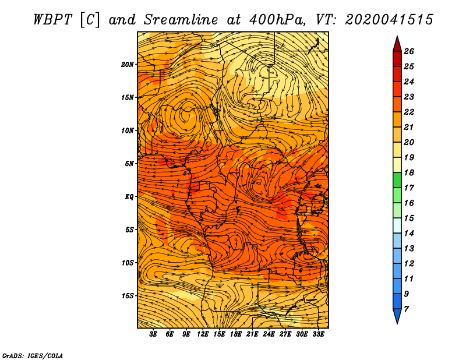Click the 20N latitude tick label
click(x=128, y=65)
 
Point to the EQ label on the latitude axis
click(x=129, y=197)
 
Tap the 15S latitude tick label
click(x=128, y=296)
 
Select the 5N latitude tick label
click(x=129, y=164)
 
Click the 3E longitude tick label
click(x=153, y=334)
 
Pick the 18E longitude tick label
click(x=235, y=334)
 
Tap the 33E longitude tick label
click(x=318, y=334)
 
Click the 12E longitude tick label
click(x=202, y=334)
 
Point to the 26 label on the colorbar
click(x=409, y=51)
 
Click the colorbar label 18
click(x=409, y=172)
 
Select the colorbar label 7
click(x=406, y=309)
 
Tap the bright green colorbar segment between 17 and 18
click(x=397, y=180)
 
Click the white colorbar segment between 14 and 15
click(x=397, y=225)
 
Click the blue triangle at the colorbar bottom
click(x=397, y=315)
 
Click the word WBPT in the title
click(x=52, y=20)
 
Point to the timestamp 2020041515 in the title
click(x=389, y=20)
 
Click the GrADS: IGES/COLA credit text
click(x=33, y=356)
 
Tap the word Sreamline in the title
click(x=181, y=20)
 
